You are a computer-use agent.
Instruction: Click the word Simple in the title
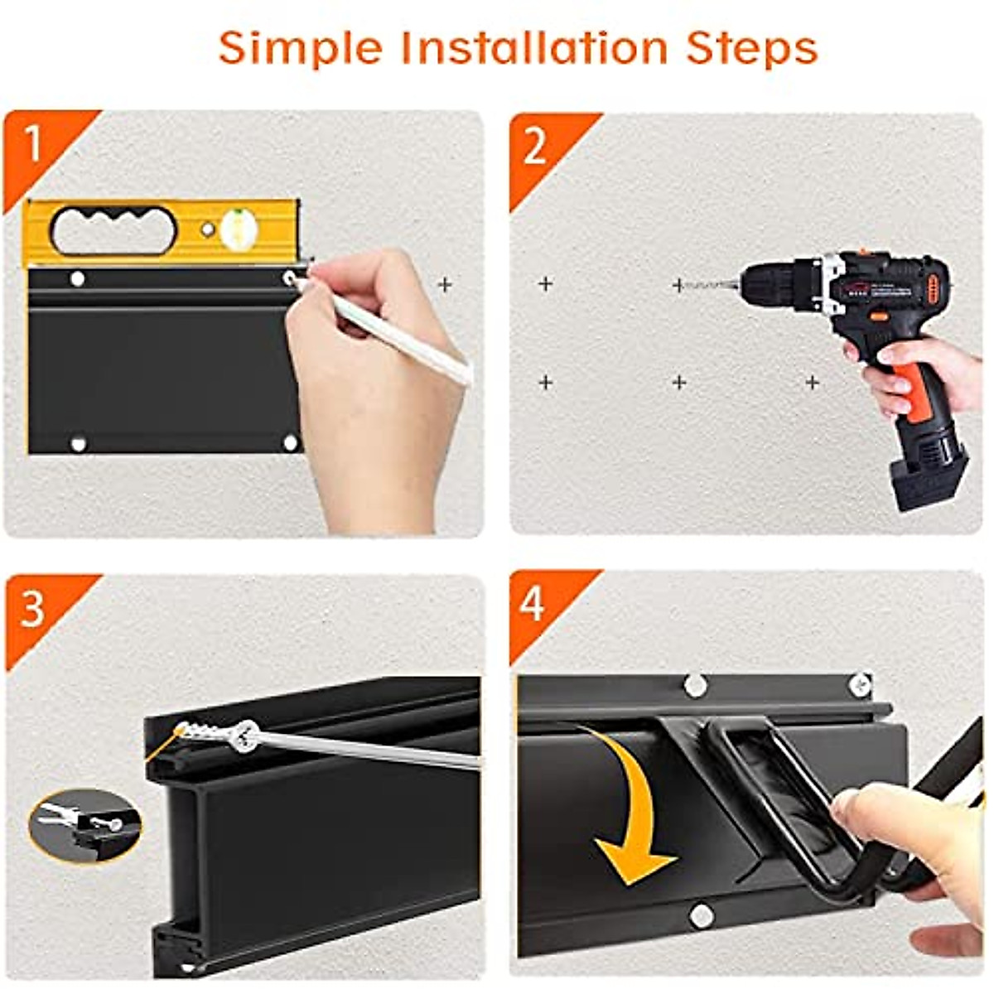point(301,50)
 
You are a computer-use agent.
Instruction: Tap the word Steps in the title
point(751,50)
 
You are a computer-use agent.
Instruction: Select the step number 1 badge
point(32,143)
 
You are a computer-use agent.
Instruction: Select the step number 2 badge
point(534,147)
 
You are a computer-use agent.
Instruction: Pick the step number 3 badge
point(31,609)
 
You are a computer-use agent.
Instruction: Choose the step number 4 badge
point(532,605)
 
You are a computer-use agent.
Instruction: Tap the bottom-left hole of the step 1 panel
point(78,444)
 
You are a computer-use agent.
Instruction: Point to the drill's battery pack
point(929,472)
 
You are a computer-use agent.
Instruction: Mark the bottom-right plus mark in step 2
point(813,383)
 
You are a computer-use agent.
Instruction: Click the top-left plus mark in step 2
point(545,284)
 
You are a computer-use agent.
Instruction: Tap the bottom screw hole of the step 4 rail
point(699,915)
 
